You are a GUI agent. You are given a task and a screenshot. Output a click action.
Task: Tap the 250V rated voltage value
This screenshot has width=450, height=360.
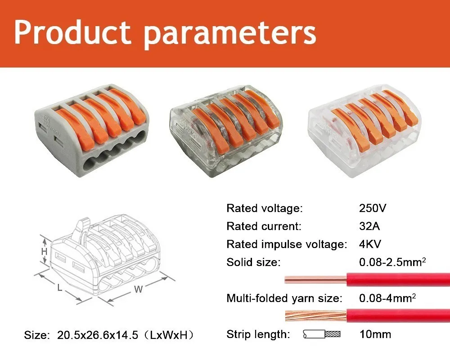coord(373,208)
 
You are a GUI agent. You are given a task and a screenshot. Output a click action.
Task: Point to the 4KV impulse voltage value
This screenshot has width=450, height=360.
coord(370,244)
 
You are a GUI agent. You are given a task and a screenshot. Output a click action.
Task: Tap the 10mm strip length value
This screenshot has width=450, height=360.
coord(375,334)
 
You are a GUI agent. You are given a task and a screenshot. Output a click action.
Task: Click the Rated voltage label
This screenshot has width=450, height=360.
coord(265,208)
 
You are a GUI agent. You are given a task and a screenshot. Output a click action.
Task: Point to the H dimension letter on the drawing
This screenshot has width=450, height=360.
coord(44,252)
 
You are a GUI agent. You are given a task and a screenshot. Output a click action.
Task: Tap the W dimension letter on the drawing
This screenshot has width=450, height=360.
coord(138,289)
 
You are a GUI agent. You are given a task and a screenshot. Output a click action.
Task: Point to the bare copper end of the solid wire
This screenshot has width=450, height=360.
coord(315,279)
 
